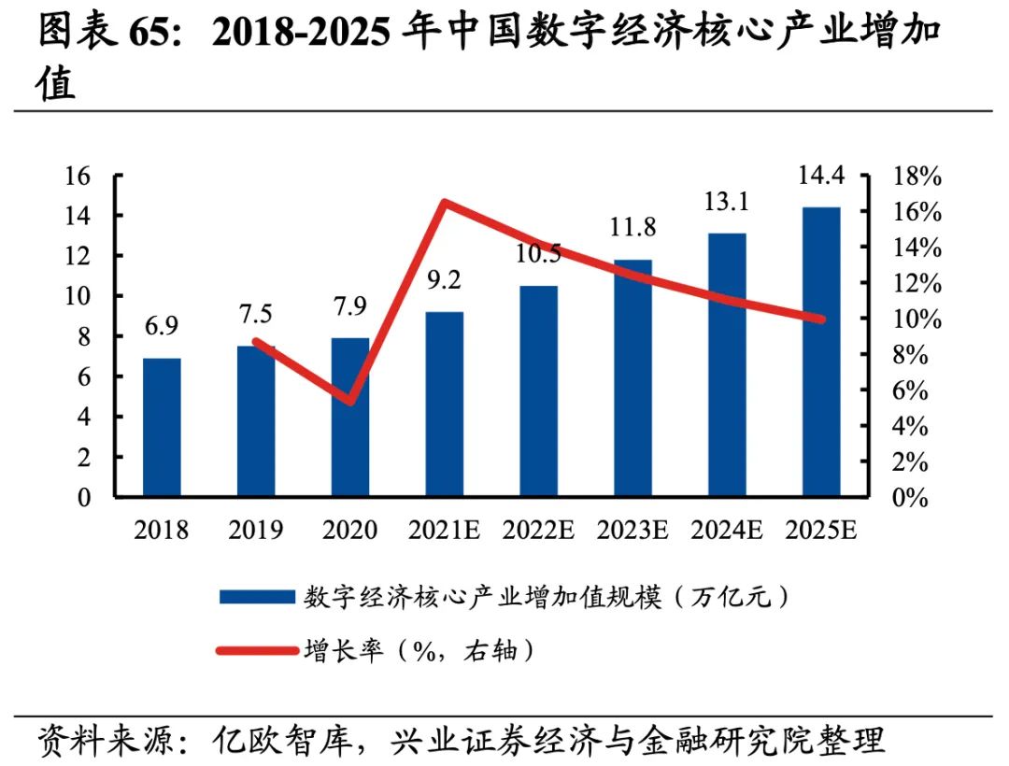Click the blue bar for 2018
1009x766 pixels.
(162, 427)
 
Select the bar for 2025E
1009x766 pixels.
(821, 351)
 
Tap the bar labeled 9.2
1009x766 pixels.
(445, 404)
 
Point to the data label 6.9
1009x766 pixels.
(161, 326)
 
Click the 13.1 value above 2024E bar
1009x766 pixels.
(727, 202)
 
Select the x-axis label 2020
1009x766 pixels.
(349, 531)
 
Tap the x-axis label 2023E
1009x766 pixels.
(632, 531)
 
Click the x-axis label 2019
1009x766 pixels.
(256, 531)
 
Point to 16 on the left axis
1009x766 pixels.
(79, 176)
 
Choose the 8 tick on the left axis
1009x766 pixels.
(85, 337)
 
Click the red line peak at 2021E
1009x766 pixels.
(445, 203)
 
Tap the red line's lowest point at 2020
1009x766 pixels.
(349, 401)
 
